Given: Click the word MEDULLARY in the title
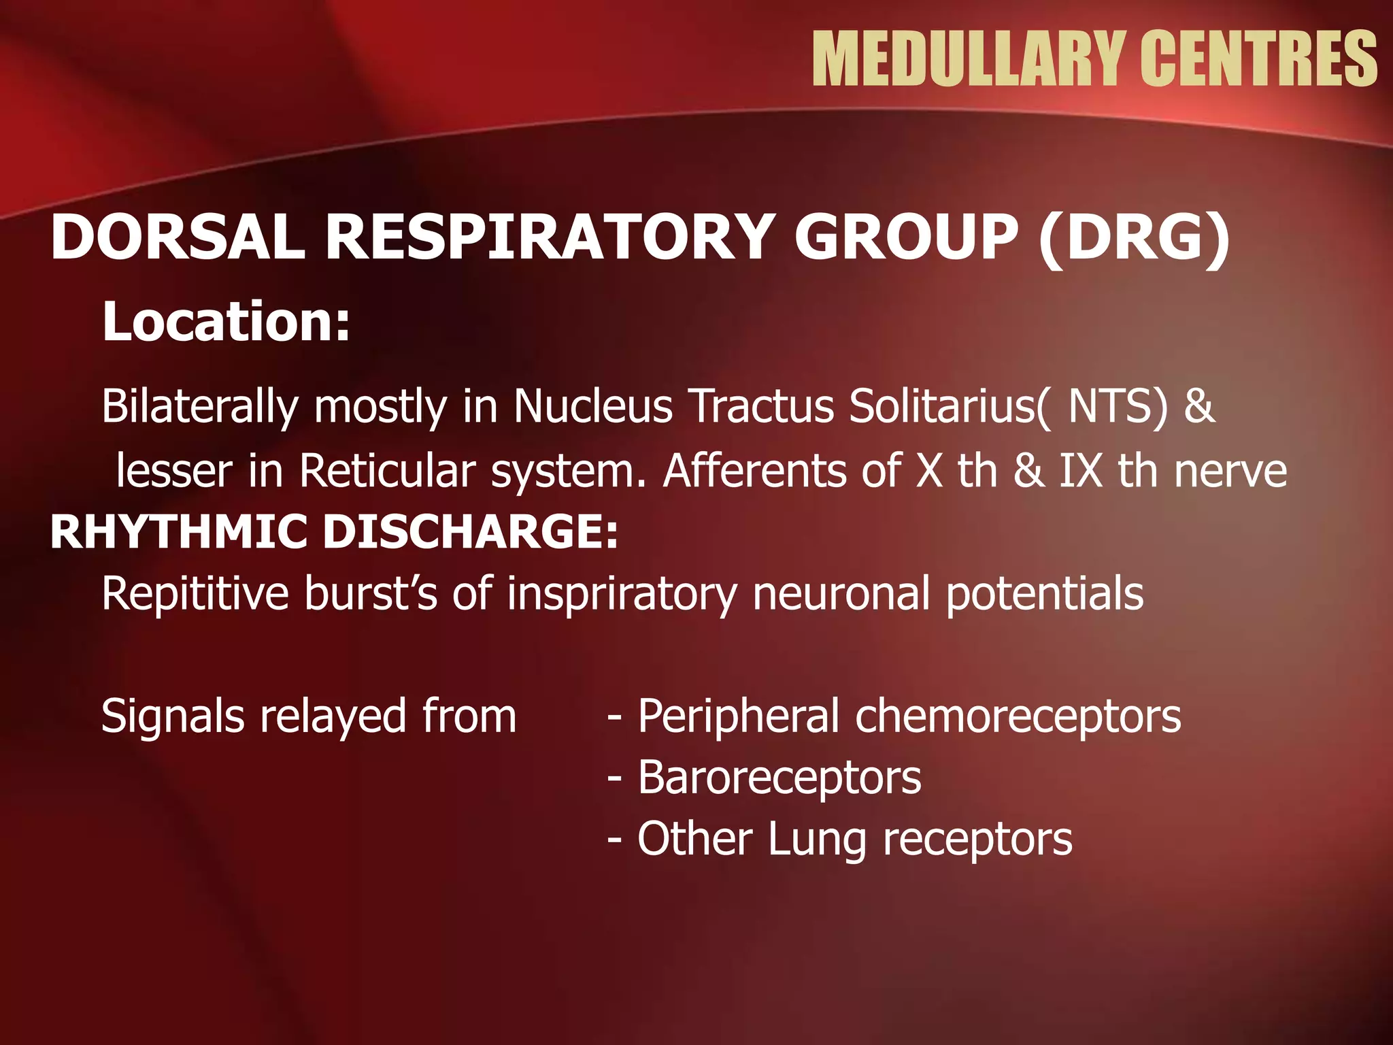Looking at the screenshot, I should coord(967,59).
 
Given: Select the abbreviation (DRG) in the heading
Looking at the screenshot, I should coord(1135,237).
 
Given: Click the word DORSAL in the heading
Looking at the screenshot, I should coord(178,237).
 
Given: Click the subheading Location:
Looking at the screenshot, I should coord(226,321).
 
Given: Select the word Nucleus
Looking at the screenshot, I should coord(592,406).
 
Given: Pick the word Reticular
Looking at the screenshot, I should coord(387,471).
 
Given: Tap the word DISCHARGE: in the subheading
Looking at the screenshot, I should coord(471,532).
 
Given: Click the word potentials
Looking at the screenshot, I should coord(1045,594).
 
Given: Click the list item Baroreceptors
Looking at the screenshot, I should coord(779,778).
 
